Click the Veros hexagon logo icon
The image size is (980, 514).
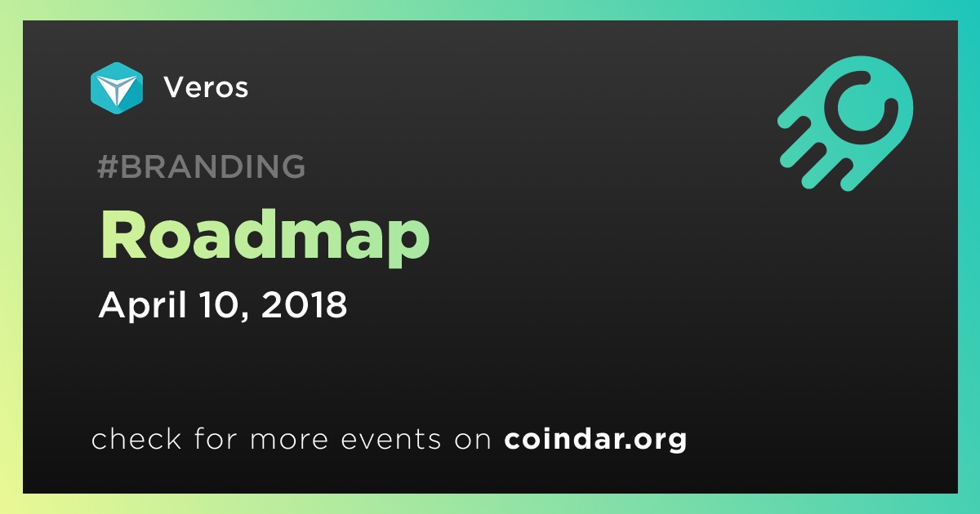117,88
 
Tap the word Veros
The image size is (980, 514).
206,87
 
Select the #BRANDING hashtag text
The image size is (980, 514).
201,166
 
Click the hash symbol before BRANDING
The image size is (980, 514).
107,166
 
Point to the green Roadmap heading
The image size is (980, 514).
265,237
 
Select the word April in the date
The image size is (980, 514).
143,304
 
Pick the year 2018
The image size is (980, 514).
304,304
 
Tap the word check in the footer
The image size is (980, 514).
136,439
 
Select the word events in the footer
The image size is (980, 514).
390,439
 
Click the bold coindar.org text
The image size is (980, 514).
595,440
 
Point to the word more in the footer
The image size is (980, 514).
289,441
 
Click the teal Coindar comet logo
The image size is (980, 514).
846,123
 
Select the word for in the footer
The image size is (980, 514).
216,439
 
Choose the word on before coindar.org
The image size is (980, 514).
473,441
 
